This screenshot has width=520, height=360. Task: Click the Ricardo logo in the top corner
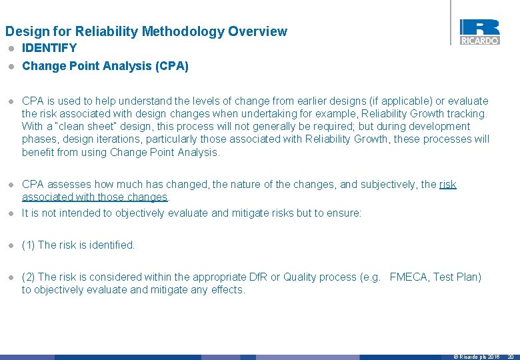click(x=479, y=31)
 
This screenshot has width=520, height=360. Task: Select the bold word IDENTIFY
click(x=49, y=48)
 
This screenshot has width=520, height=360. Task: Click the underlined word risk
click(x=448, y=184)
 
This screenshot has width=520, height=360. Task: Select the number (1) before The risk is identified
click(x=29, y=245)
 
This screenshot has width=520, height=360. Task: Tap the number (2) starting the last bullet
click(x=29, y=277)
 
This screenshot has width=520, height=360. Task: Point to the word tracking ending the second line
click(x=467, y=114)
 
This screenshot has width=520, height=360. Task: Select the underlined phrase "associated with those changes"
click(x=95, y=197)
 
